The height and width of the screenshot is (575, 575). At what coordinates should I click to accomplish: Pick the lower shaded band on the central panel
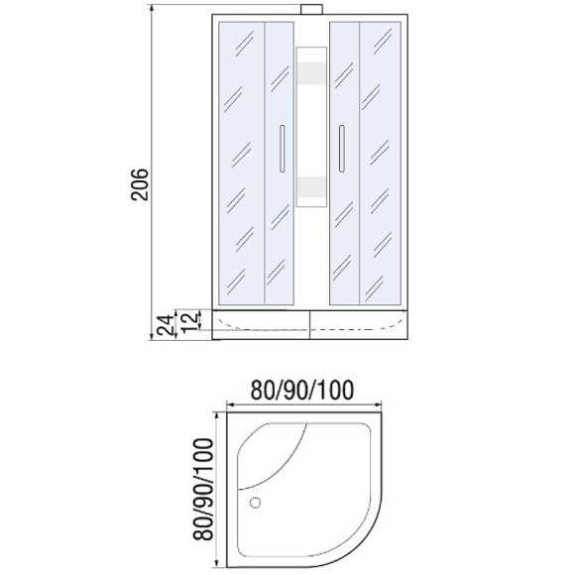(x=311, y=186)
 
